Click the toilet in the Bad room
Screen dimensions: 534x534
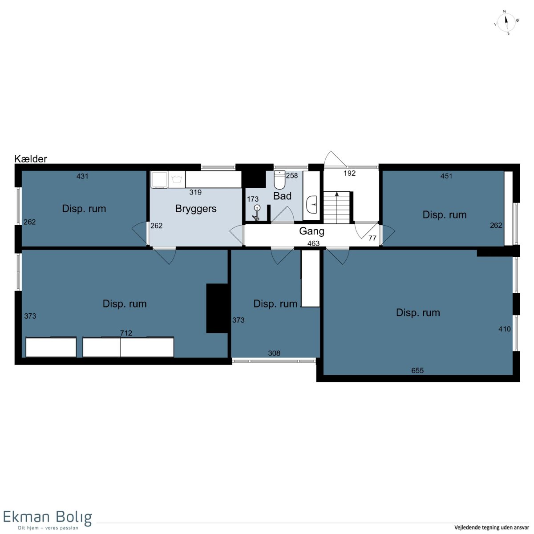coord(279,180)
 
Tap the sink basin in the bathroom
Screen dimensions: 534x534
coord(312,205)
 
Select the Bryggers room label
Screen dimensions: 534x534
coord(196,209)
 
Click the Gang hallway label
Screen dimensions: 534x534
coord(311,231)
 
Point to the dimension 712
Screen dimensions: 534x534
coord(126,333)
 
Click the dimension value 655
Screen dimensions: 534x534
coord(417,371)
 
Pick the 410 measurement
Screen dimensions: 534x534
coord(504,329)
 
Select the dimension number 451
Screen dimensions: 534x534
coord(446,176)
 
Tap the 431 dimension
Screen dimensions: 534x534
coord(82,176)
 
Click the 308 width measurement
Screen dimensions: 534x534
coord(274,353)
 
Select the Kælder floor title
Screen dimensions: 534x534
coord(31,159)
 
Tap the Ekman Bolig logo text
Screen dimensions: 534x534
coord(47,518)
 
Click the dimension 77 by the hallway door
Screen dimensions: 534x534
coord(372,238)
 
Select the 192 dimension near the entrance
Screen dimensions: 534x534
coord(349,173)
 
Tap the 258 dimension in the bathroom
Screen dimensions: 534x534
coord(292,175)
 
